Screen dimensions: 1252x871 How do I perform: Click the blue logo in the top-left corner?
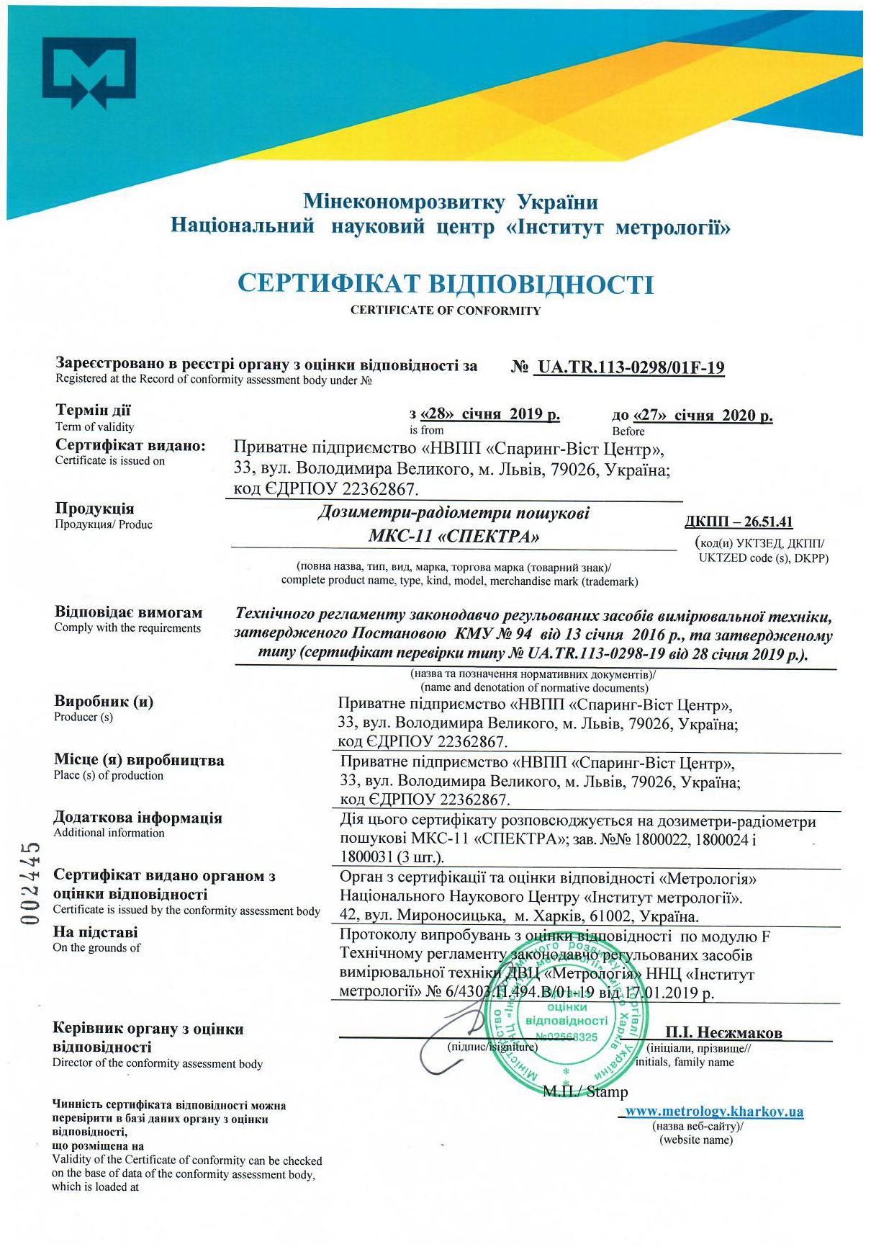pyautogui.click(x=89, y=73)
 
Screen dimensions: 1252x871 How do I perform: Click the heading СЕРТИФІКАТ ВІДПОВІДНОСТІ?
pyautogui.click(x=446, y=284)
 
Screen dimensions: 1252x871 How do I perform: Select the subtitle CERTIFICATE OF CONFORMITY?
pyautogui.click(x=446, y=310)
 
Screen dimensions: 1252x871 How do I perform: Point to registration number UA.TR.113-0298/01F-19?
pyautogui.click(x=631, y=367)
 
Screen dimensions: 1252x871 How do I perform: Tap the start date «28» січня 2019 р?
pyautogui.click(x=484, y=414)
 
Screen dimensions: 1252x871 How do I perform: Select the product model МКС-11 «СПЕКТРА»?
pyautogui.click(x=453, y=537)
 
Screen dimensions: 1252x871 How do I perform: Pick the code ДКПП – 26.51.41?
pyautogui.click(x=739, y=522)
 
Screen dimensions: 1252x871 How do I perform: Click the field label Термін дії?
pyautogui.click(x=93, y=410)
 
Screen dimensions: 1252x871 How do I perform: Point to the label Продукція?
pyautogui.click(x=94, y=509)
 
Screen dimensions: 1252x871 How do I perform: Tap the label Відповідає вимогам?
pyautogui.click(x=128, y=612)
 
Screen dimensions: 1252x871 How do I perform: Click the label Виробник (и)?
pyautogui.click(x=104, y=701)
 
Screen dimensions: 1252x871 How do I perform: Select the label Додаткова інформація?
pyautogui.click(x=137, y=818)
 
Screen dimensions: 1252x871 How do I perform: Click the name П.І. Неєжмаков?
pyautogui.click(x=723, y=1033)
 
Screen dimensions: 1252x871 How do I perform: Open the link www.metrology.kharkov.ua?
pyautogui.click(x=714, y=1112)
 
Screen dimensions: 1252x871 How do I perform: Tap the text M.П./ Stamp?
pyautogui.click(x=585, y=1092)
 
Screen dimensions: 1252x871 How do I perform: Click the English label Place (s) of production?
pyautogui.click(x=108, y=775)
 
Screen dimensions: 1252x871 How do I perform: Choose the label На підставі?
pyautogui.click(x=95, y=932)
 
